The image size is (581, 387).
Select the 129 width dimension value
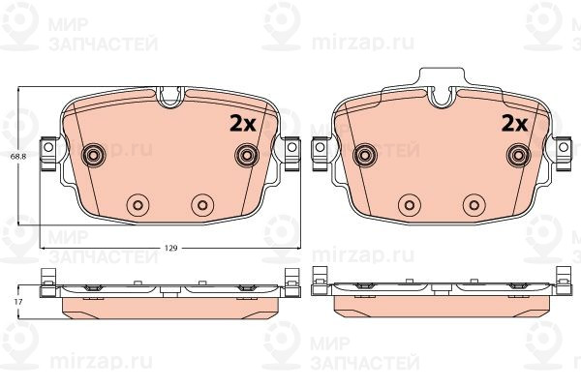coord(169,250)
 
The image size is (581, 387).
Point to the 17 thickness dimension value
coord(17,303)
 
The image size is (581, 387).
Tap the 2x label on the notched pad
coord(240,123)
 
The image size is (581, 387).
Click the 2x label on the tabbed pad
coord(512,123)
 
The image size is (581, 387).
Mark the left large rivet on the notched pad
coord(95,156)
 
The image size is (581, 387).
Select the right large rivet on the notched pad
coord(246,156)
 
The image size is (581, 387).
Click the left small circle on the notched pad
coord(138,203)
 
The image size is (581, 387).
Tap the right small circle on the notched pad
coord(201,203)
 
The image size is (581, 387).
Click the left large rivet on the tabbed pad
coord(366,156)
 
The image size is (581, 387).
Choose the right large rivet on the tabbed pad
coord(517,156)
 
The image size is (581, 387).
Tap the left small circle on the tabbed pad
coord(409,203)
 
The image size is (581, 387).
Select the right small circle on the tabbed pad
coord(473,203)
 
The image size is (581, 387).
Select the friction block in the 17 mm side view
coord(169,306)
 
